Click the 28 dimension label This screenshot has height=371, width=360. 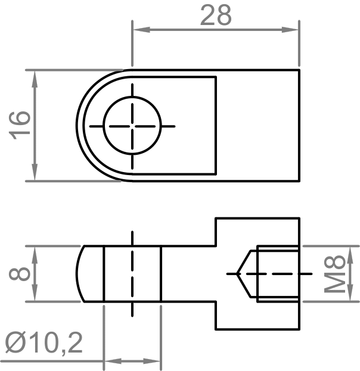point(216,15)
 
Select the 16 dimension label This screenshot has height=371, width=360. point(20,126)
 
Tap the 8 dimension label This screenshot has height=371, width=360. point(20,274)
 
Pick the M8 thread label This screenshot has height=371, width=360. point(334,274)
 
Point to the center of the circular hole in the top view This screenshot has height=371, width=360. point(132,126)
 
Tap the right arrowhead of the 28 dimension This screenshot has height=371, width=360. point(290,30)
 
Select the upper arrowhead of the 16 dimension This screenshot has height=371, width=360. point(35,79)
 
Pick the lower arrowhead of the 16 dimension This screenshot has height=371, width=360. point(35,172)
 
